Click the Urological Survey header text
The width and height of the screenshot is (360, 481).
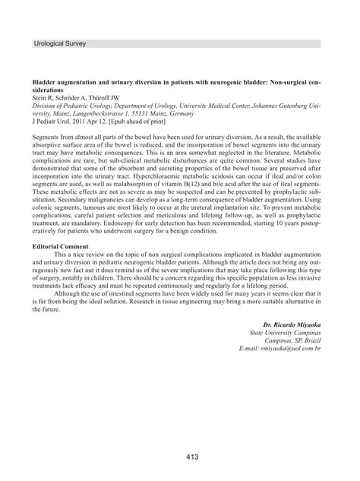point(60,44)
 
